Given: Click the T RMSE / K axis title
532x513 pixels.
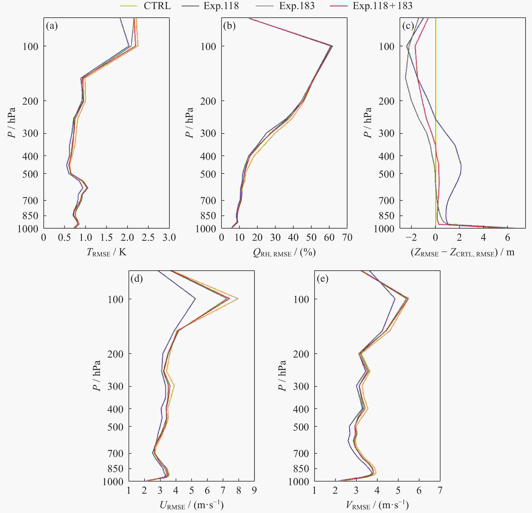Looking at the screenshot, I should point(106,252).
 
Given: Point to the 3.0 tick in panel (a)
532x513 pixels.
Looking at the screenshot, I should point(169,238).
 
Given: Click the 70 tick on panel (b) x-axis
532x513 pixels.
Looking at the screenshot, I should point(347,238).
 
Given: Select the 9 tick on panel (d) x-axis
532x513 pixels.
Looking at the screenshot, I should point(254,490).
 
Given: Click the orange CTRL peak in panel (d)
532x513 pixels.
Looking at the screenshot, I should point(238,299).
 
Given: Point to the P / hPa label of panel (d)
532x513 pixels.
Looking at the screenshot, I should point(97,376).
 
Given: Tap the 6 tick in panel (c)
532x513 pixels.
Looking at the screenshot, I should point(507,238).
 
